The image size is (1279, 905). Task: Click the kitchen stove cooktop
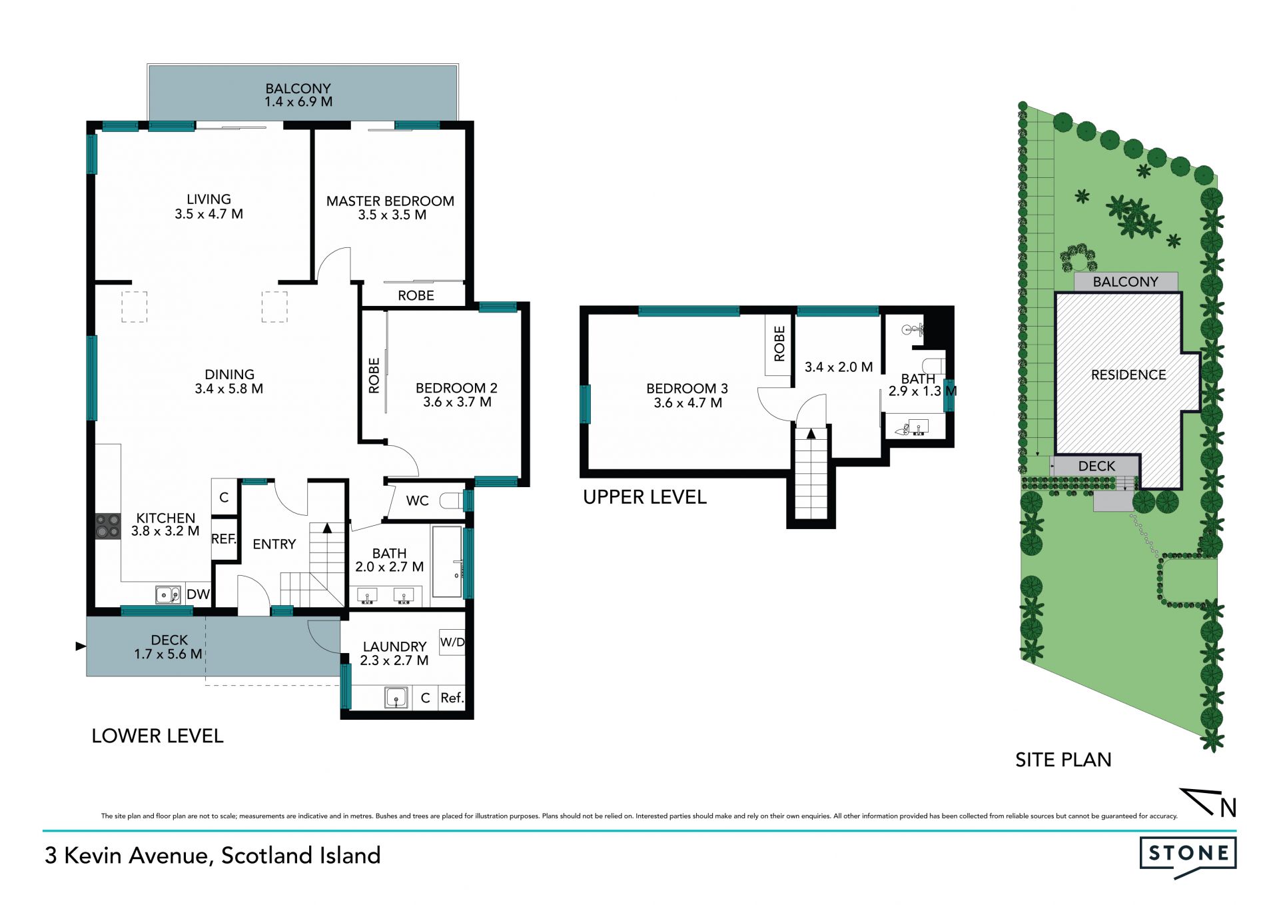coord(108,525)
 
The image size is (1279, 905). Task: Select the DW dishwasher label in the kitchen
coord(198,594)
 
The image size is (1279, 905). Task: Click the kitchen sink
coord(168,594)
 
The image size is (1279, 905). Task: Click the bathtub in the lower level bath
coord(447,562)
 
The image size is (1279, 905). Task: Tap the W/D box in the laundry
coord(452,642)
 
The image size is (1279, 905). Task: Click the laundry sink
coord(396,698)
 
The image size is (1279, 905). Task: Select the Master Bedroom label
coord(390,201)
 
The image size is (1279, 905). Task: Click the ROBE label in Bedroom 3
coord(779,344)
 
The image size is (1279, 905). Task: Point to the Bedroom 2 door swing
coord(402,459)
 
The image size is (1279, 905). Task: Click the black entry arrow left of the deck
coord(81,646)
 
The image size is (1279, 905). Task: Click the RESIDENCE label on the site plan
coord(1128,375)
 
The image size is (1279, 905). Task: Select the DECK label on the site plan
coord(1096,466)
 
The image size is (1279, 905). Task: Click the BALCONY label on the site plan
coord(1125,281)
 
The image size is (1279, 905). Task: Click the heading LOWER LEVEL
coord(157,736)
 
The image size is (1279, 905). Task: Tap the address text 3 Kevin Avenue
coord(127,855)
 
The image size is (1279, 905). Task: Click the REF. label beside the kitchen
coord(224,538)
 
